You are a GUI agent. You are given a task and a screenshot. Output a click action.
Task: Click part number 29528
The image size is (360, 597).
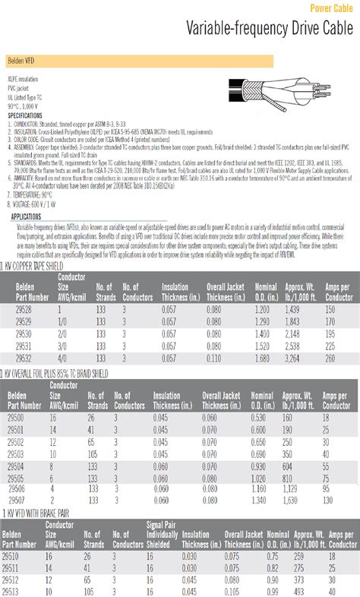point(24,310)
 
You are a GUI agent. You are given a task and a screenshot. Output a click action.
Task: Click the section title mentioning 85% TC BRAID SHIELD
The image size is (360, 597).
point(57,374)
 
